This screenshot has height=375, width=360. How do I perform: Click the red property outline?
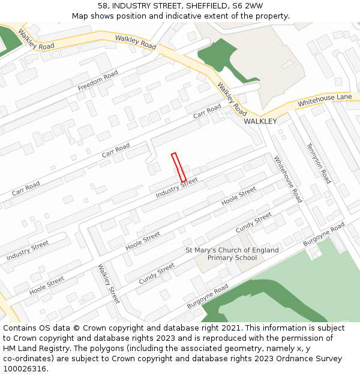[178, 167]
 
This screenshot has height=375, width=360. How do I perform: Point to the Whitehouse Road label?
[288, 179]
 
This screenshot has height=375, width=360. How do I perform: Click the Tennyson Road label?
[319, 163]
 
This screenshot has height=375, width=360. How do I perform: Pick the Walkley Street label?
[109, 284]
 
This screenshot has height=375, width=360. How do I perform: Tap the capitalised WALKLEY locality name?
[260, 121]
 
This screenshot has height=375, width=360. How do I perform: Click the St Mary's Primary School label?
[232, 254]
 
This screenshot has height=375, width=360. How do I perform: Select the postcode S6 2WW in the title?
[248, 6]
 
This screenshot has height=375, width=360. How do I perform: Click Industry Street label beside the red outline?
[176, 188]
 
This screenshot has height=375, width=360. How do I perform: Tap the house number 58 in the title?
[103, 6]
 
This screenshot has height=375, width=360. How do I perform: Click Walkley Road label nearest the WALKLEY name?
[232, 99]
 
